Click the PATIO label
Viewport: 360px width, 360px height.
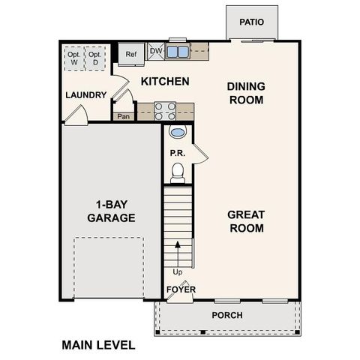252,22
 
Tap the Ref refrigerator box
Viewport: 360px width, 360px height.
131,54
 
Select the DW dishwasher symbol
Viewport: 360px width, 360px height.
156,51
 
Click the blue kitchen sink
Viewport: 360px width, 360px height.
178,52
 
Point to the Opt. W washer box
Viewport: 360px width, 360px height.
74,58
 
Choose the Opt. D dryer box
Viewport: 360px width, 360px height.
94,58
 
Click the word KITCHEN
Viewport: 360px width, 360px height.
165,81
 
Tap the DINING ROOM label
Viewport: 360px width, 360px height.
246,93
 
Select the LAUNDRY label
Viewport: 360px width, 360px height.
85,95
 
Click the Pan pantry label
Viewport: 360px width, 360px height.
123,116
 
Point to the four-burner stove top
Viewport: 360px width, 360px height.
165,111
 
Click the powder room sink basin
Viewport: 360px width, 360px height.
178,133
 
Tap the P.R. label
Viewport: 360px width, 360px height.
178,153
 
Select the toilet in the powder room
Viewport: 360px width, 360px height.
178,174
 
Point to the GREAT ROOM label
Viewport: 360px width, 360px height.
246,221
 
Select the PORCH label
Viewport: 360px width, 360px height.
227,315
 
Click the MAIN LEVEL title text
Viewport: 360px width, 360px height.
98,345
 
